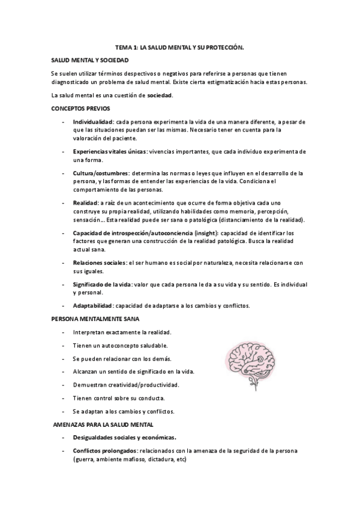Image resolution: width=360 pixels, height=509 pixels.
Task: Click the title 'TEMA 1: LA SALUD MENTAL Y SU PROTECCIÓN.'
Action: pyautogui.click(x=180, y=46)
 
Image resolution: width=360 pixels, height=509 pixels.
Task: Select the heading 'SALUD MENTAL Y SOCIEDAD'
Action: pyautogui.click(x=90, y=59)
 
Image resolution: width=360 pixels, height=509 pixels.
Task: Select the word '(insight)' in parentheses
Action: pyautogui.click(x=219, y=232)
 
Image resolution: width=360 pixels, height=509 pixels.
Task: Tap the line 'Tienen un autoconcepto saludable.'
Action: pyautogui.click(x=120, y=345)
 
